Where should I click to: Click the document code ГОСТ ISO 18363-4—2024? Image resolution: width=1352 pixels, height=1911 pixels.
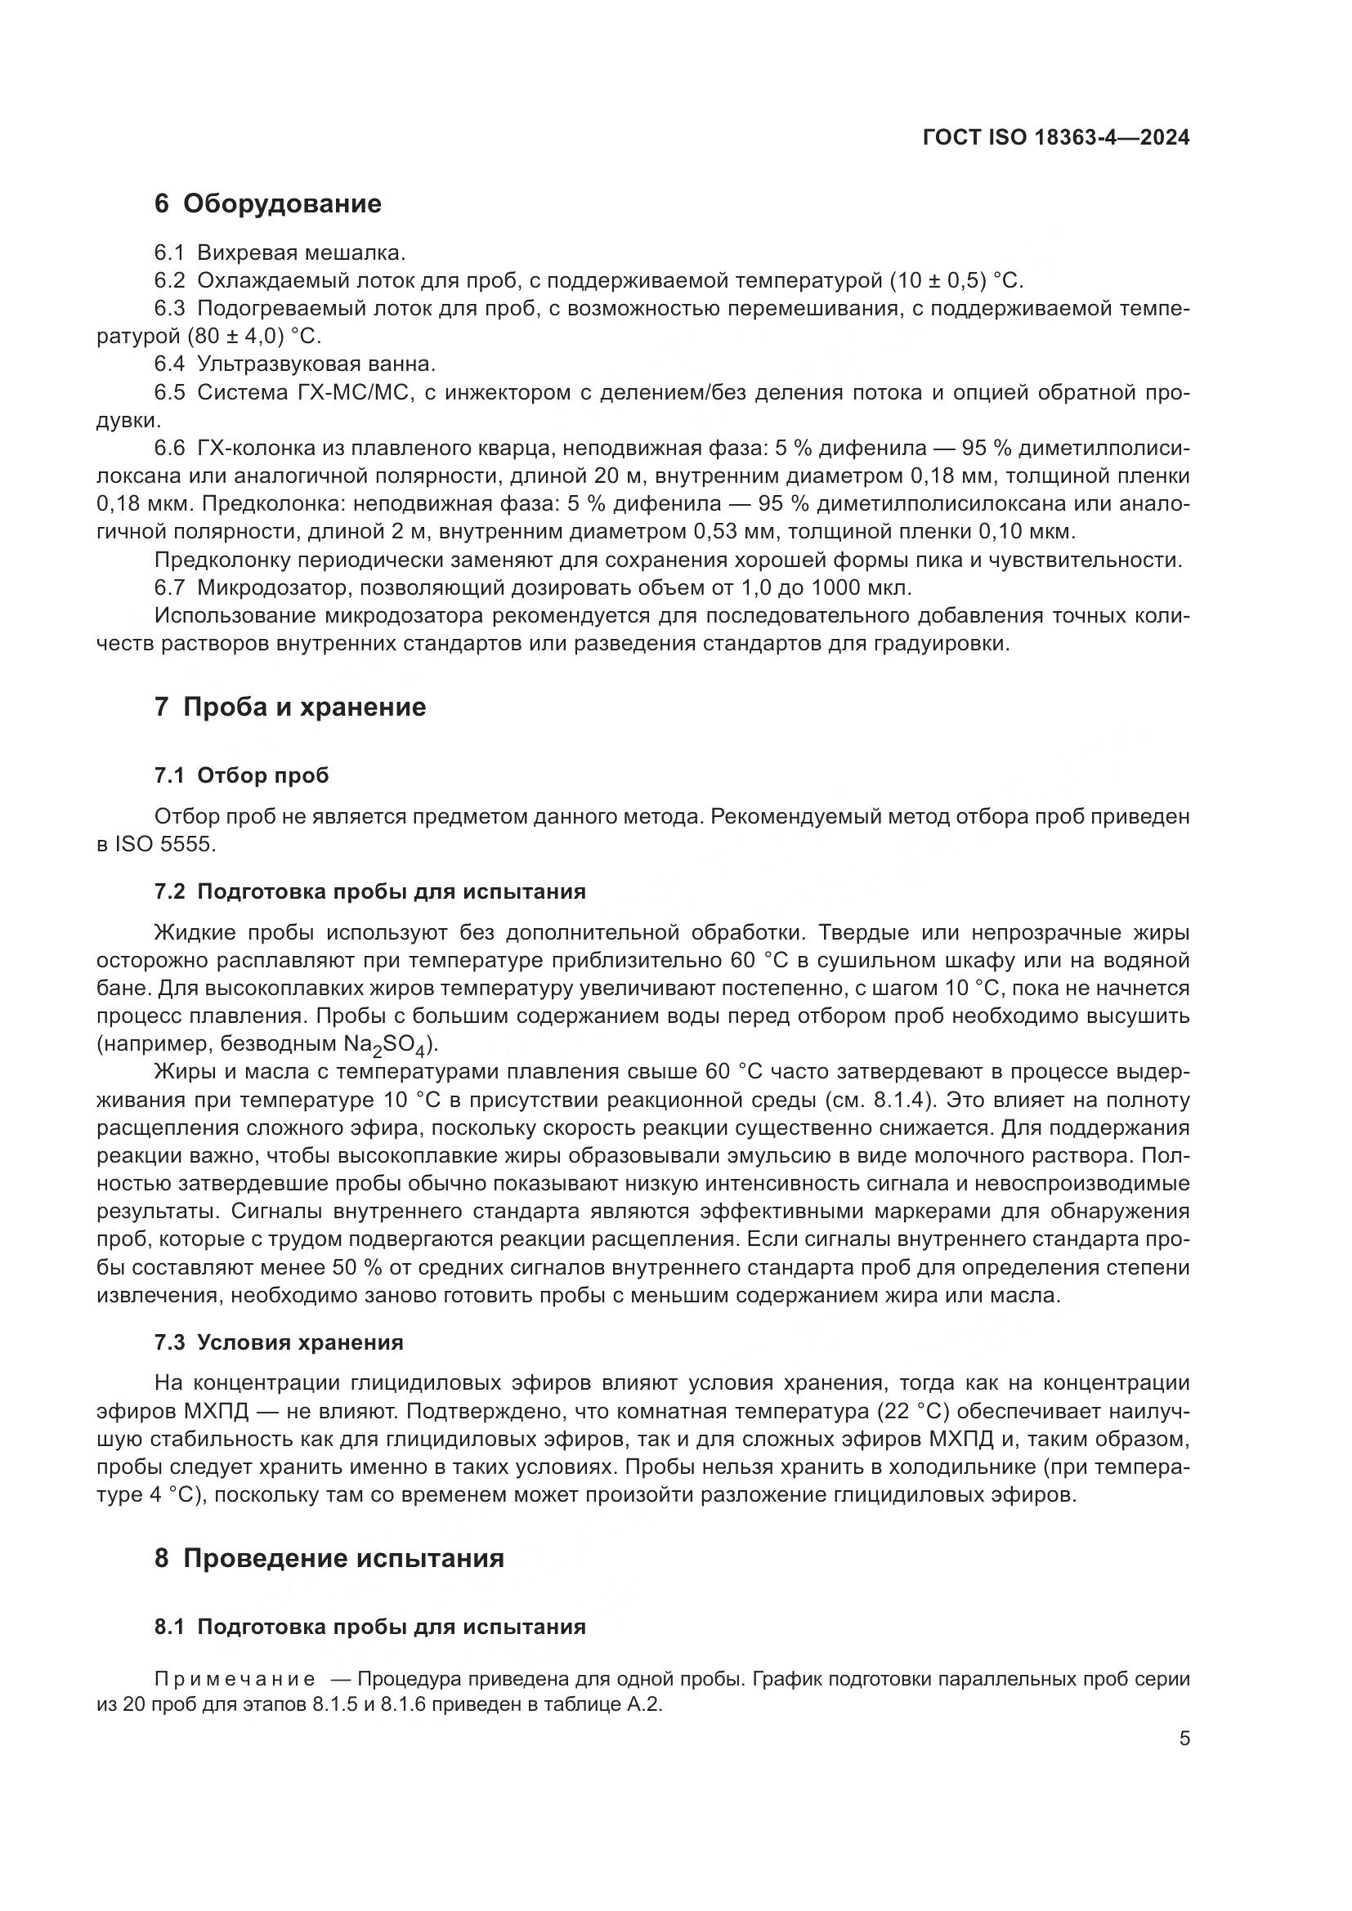click(1055, 138)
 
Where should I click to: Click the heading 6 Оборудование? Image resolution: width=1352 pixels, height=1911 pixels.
click(267, 204)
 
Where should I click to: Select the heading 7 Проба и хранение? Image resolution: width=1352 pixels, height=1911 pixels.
click(289, 708)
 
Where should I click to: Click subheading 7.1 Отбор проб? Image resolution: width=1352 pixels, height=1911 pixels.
click(241, 775)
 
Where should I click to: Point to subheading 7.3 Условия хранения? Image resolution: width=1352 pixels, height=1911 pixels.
click(278, 1342)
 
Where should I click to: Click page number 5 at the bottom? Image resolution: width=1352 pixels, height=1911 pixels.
click(1184, 1739)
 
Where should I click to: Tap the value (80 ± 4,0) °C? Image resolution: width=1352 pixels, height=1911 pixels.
click(208, 337)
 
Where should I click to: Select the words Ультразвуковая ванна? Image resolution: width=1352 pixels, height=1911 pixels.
click(316, 364)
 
